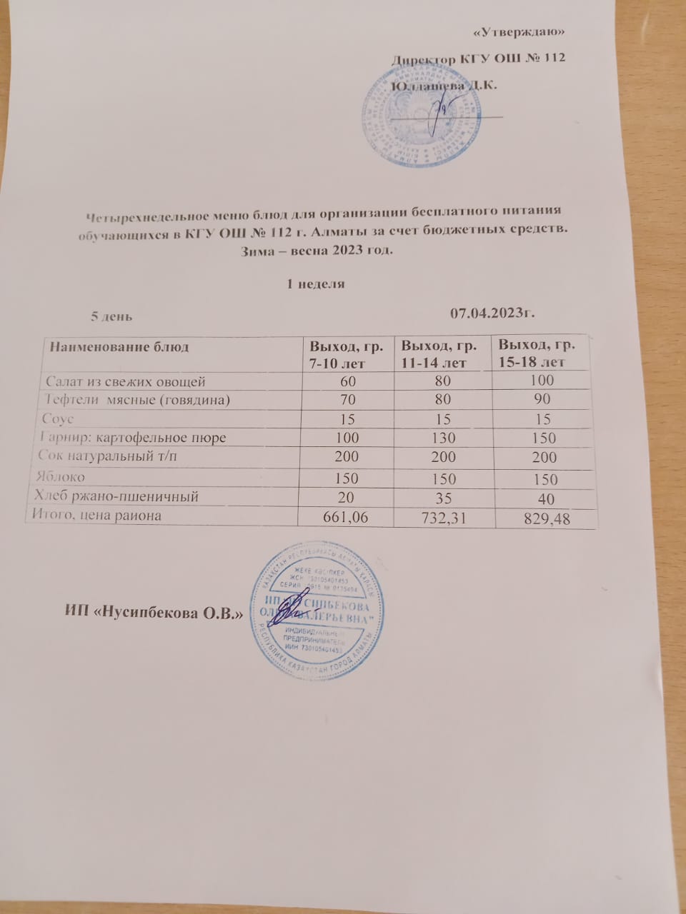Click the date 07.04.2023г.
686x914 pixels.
pyautogui.click(x=494, y=312)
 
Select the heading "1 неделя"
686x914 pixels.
pyautogui.click(x=316, y=283)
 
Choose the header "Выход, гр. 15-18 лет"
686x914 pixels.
pyautogui.click(x=537, y=353)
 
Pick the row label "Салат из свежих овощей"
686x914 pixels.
pyautogui.click(x=126, y=381)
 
